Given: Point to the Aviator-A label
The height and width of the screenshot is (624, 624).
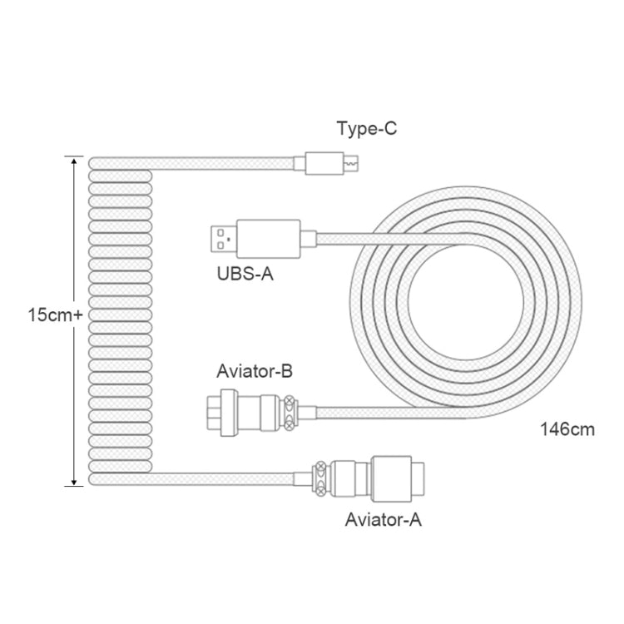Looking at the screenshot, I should tap(384, 521).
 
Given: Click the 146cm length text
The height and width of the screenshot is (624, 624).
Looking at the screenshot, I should tap(565, 430).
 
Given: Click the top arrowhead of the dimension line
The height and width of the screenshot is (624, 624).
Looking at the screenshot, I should tap(74, 161).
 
